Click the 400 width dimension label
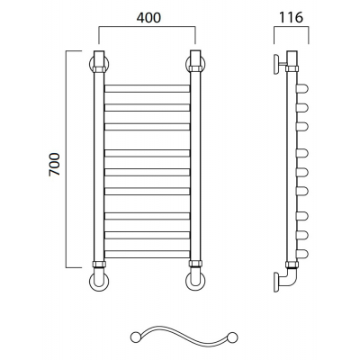coord(148,18)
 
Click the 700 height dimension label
coord(55,165)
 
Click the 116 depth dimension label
coord(291,18)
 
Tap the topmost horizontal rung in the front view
coord(148,88)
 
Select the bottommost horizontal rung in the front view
coord(148,254)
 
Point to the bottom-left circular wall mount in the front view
coord(99,282)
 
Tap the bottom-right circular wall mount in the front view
coord(195,282)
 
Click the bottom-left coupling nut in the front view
coord(99,265)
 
